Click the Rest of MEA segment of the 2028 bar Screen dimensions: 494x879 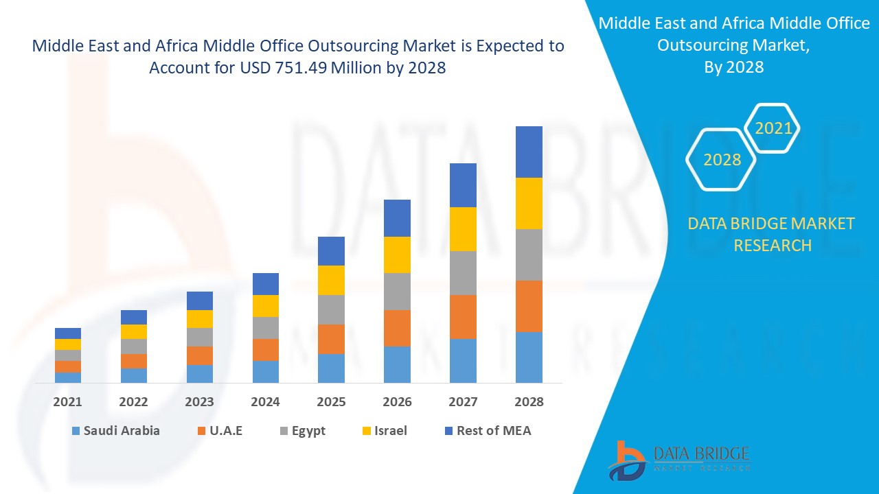529,152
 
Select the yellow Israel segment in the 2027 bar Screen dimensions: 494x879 463,228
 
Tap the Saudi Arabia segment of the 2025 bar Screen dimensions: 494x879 331,368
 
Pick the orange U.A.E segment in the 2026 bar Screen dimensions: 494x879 397,328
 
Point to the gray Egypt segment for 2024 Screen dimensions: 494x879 266,327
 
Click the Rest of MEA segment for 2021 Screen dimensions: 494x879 68,333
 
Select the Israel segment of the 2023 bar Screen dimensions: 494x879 200,318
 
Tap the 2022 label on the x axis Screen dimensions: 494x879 134,402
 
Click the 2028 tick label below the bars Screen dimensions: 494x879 529,402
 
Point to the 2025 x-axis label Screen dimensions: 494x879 331,402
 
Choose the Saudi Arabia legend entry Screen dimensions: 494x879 115,431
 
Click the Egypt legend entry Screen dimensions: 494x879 301,431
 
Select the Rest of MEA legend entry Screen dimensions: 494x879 488,431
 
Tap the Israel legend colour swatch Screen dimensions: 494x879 367,431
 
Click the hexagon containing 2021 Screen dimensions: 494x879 773,128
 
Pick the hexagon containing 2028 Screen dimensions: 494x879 722,160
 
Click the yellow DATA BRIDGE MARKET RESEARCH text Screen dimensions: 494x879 771,234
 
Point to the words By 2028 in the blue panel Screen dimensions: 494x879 733,67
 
